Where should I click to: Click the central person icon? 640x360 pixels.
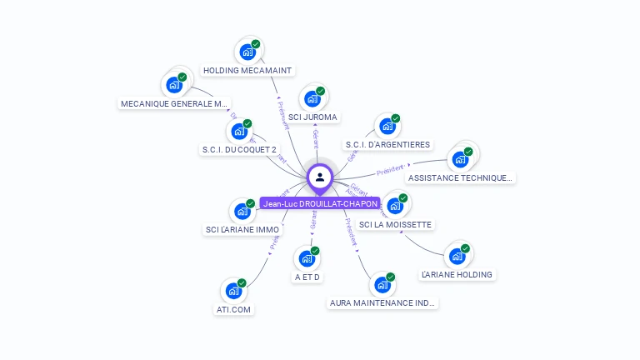coord(320,177)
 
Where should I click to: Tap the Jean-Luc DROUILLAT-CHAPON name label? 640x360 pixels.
coord(320,203)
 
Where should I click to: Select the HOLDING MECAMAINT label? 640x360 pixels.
coord(247,71)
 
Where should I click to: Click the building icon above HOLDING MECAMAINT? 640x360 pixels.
coord(247,52)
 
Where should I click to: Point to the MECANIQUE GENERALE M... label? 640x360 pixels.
coord(174,104)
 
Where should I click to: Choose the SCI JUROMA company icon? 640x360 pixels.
coord(312,99)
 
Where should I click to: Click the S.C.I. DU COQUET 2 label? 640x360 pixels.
coord(239,150)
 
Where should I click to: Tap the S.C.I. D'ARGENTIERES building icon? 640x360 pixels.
coord(387,127)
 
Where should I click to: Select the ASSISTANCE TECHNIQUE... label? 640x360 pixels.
coord(461,177)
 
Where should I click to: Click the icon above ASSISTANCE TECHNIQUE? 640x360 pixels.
coord(460,159)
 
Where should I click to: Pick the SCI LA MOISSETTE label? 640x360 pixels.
coord(395,225)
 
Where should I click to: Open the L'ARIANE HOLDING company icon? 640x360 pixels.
coord(457,256)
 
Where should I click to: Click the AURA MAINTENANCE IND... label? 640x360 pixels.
coord(382,303)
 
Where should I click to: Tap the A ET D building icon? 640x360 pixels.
coord(307,258)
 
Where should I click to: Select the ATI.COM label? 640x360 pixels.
coord(233,310)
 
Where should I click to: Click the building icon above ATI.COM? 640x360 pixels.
coord(233,292)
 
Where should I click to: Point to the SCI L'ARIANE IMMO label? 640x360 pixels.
coord(242,230)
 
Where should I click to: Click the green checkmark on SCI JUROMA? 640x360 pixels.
coord(321,91)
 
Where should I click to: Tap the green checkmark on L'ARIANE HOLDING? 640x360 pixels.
coord(466,247)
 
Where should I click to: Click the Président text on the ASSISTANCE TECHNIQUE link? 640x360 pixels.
coord(390,171)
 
